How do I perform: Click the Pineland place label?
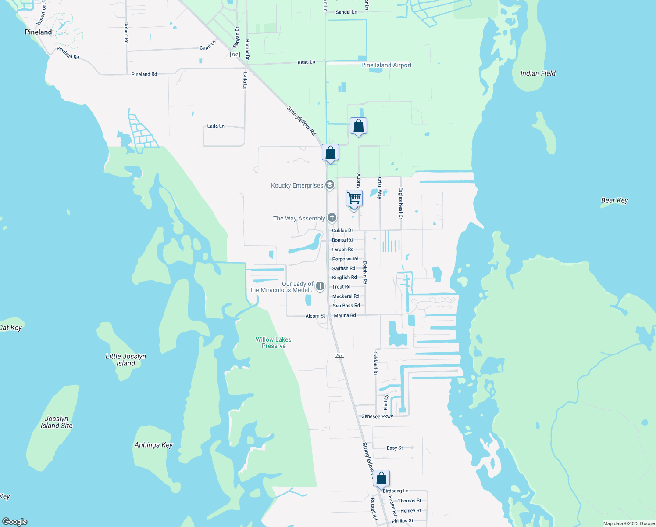click(x=38, y=32)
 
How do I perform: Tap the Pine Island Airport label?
click(x=386, y=65)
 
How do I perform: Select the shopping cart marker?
click(x=354, y=198)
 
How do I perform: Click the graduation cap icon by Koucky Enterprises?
click(x=330, y=185)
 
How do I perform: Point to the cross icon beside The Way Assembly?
click(x=332, y=218)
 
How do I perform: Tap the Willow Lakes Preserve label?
click(x=274, y=343)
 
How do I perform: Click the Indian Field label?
click(x=538, y=73)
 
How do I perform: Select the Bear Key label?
click(x=614, y=200)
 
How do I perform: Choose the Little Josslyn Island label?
click(x=126, y=360)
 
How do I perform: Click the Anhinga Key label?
click(x=153, y=445)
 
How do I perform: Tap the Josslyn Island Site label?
click(x=57, y=422)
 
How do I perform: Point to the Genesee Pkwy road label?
click(x=377, y=416)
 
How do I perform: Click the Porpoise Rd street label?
click(x=345, y=259)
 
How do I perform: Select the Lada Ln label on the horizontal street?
click(x=216, y=126)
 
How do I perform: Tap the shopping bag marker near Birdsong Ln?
click(x=381, y=478)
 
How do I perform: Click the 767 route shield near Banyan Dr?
click(x=235, y=54)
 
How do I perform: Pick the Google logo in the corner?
click(x=15, y=521)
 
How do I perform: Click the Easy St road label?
click(x=395, y=448)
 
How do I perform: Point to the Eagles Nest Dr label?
click(x=401, y=203)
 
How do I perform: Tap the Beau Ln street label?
click(x=306, y=62)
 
